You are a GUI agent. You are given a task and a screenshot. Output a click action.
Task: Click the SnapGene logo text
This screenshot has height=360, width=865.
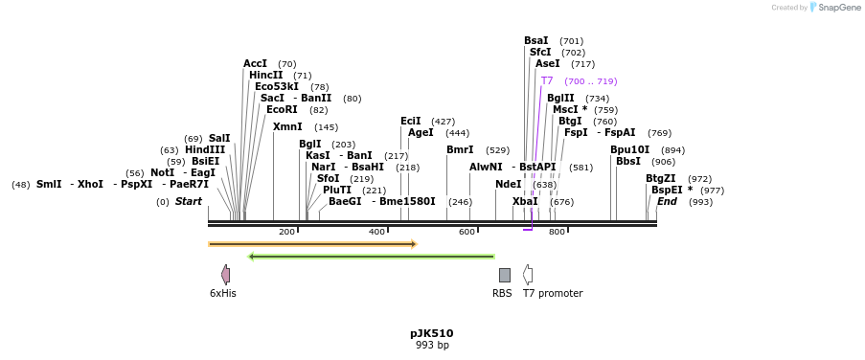[838, 8]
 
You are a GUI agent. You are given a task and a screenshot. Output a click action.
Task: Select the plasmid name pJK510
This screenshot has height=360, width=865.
[431, 334]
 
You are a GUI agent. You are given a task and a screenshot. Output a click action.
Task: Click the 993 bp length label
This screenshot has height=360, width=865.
[431, 346]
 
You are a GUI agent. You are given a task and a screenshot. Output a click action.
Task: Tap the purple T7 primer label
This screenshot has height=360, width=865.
[547, 81]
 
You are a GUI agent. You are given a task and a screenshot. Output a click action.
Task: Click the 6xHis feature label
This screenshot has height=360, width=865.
[223, 294]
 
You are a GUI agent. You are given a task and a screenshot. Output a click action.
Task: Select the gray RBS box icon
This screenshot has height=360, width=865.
[504, 275]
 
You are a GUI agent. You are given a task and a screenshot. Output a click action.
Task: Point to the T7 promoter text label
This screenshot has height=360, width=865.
[553, 294]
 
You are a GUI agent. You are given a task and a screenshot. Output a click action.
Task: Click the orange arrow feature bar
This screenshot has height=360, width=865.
[312, 244]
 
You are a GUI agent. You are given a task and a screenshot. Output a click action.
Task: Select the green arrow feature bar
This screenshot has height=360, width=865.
[372, 257]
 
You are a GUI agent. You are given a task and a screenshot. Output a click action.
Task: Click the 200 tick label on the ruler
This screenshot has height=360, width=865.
[286, 233]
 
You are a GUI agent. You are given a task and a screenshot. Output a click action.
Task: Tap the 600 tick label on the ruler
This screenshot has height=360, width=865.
[467, 233]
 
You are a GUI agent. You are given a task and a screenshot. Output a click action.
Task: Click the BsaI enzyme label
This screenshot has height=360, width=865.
[536, 41]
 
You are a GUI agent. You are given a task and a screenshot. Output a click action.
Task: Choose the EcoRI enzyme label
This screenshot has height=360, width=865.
[282, 110]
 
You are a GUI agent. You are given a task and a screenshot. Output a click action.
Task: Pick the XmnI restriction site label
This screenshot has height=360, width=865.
[287, 127]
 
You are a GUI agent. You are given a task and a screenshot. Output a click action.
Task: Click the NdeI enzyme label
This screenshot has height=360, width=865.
[509, 185]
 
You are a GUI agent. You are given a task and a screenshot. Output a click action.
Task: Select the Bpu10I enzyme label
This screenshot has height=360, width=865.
[630, 150]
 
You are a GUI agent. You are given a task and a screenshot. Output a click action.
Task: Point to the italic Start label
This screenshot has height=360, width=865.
[189, 202]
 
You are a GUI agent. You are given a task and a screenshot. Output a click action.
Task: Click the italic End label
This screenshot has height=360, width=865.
[667, 202]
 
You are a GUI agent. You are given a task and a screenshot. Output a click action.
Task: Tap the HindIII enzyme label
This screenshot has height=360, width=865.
[206, 150]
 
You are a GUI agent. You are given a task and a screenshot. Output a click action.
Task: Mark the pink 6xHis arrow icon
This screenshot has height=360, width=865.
[226, 275]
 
